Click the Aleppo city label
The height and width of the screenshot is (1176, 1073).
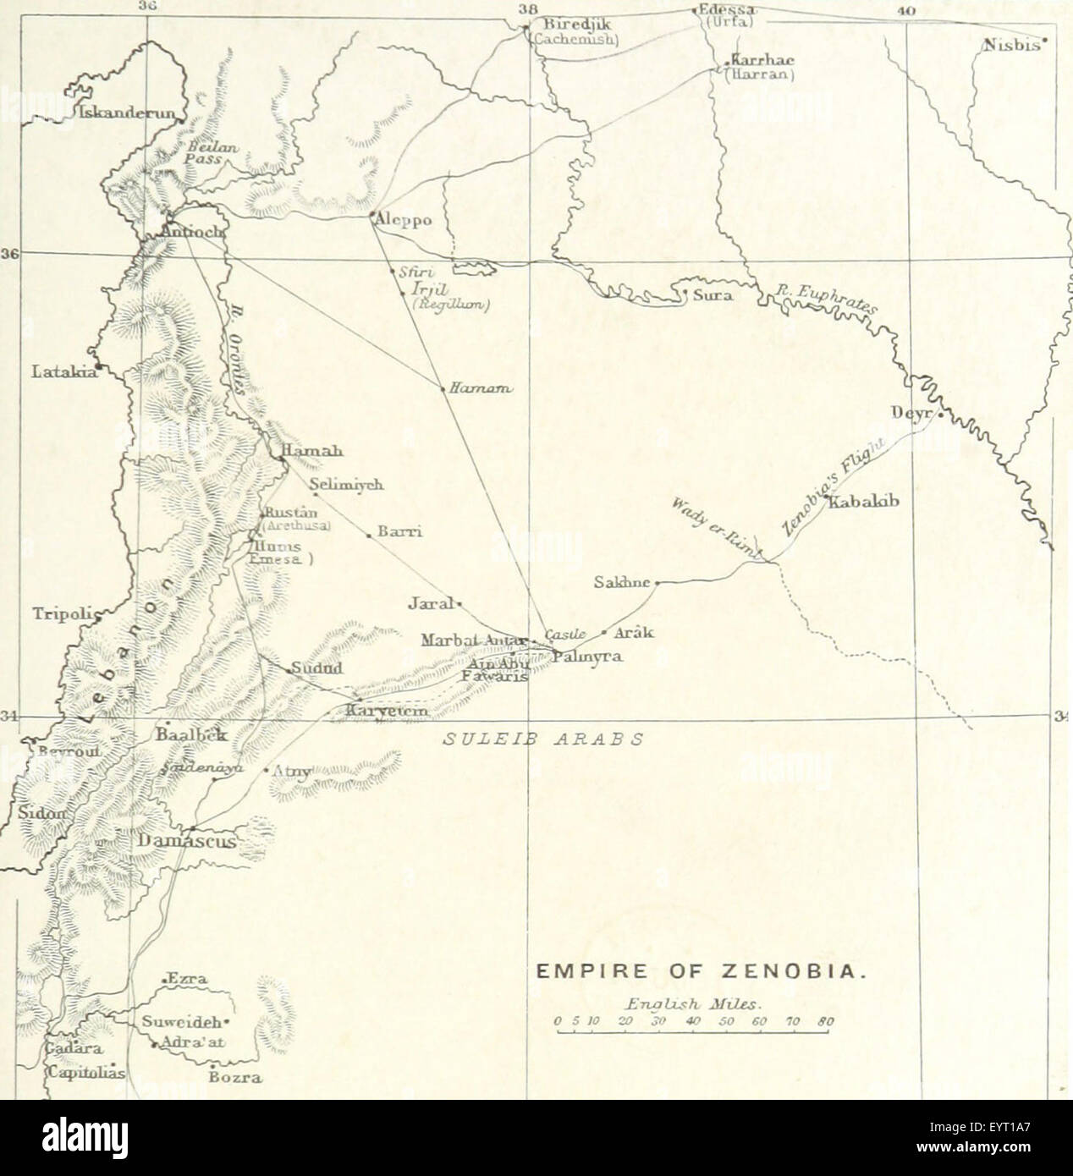pos(404,220)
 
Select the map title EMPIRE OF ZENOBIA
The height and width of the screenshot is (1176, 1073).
pos(702,974)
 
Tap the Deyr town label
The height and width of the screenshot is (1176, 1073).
pos(912,413)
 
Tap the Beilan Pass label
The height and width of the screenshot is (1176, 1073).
pos(206,151)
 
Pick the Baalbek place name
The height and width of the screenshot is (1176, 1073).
pos(190,735)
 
